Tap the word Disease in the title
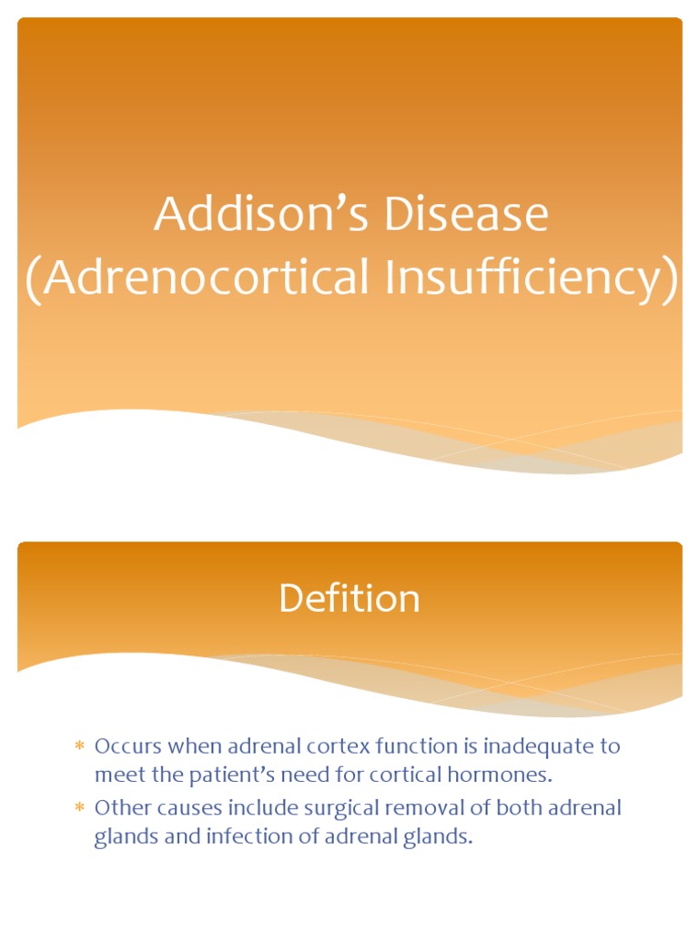coord(464,216)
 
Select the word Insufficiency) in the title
coord(532,278)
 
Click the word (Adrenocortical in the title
coord(197,278)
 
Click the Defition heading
coord(349,599)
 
